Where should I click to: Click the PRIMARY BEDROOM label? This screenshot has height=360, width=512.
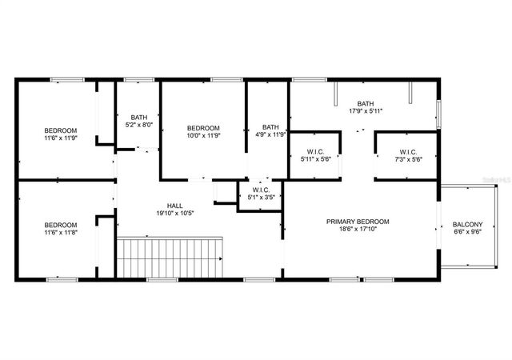tap(358, 222)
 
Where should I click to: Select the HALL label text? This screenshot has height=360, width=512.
tap(174, 204)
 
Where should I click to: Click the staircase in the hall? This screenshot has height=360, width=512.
tap(170, 258)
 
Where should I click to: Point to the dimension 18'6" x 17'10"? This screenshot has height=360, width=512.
tap(358, 231)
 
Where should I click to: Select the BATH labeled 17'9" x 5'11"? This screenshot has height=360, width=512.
tap(365, 103)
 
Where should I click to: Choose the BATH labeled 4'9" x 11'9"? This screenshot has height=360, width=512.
tap(270, 126)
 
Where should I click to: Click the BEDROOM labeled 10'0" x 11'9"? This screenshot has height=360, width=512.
tap(203, 128)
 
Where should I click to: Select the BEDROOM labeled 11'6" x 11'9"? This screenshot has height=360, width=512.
tap(60, 130)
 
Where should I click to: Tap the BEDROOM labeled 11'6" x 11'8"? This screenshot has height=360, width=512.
tap(60, 225)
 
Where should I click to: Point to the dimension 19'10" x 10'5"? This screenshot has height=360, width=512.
tap(174, 214)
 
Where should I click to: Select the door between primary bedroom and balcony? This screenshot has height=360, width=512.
tap(438, 230)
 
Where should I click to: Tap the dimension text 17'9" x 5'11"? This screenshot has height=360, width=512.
tap(365, 112)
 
